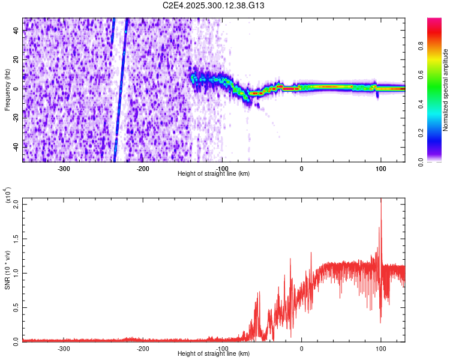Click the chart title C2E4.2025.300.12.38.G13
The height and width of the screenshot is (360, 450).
tap(214, 5)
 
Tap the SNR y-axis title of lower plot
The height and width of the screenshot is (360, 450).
tap(8, 268)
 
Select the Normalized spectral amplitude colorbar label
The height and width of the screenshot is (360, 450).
tap(446, 90)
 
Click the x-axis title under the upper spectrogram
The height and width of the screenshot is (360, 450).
tap(214, 174)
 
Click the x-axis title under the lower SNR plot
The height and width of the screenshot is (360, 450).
tap(214, 353)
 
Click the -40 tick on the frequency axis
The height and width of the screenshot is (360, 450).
tap(15, 147)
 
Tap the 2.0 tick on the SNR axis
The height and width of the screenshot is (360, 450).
tap(14, 203)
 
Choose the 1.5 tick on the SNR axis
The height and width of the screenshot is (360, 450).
tap(14, 238)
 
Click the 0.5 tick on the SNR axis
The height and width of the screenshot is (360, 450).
tap(14, 307)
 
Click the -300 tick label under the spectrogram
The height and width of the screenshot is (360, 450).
tap(64, 168)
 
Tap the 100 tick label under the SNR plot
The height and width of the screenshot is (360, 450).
tap(381, 347)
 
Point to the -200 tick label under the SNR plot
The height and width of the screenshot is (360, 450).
tap(143, 347)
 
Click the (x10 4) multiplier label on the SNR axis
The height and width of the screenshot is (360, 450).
tap(8, 196)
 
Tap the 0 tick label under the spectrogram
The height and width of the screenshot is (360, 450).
tap(302, 168)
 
